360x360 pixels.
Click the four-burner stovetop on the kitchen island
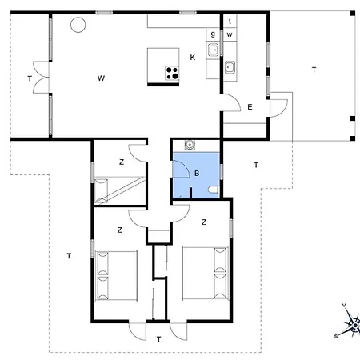point(172,74)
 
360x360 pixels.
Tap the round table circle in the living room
point(78,25)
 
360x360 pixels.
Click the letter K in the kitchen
point(193,58)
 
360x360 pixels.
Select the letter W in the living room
point(101,78)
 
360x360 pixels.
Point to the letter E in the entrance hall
point(250,107)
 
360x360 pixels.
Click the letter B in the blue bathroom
point(197,174)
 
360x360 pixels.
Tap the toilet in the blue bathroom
point(214,190)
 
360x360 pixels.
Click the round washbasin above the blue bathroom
point(190,145)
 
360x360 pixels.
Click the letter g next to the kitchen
point(213,34)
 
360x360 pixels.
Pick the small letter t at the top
point(230,21)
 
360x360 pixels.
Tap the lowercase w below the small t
point(230,34)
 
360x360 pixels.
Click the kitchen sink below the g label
point(214,50)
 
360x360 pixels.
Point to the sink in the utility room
point(230,67)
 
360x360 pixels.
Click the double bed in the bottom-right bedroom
point(206,273)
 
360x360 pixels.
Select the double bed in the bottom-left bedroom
point(116,275)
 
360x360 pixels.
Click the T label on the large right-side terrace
point(314,70)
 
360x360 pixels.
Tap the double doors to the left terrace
point(41,78)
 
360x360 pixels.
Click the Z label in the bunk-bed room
point(122,162)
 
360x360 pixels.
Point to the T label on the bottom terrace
point(159,339)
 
